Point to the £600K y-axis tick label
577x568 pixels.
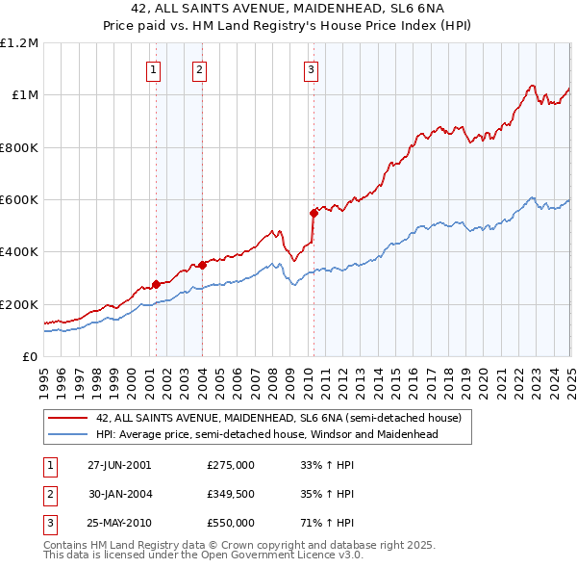pos(18,199)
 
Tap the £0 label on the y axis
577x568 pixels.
pos(30,356)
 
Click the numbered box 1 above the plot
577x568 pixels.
pos(154,69)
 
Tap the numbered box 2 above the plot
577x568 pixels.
pos(199,69)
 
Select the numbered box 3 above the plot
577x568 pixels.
pos(312,69)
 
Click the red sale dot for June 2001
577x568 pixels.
pos(156,285)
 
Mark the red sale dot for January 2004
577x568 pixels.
pos(202,265)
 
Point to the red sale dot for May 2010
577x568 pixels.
pos(313,213)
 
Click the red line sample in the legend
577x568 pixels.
pos(67,418)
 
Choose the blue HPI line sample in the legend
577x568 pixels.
pos(67,434)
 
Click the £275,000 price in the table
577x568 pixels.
pos(231,465)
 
